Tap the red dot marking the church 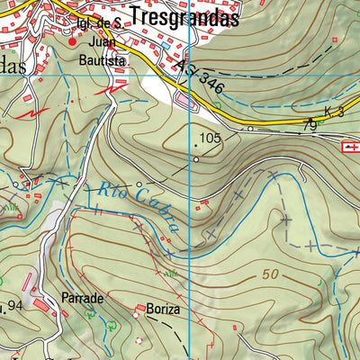[x=73, y=40]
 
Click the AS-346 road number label [x=200, y=77]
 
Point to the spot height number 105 [x=211, y=139]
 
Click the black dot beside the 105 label [x=197, y=142]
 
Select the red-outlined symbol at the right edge [x=351, y=145]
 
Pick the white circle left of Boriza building [x=112, y=324]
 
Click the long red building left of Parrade [x=41, y=305]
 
